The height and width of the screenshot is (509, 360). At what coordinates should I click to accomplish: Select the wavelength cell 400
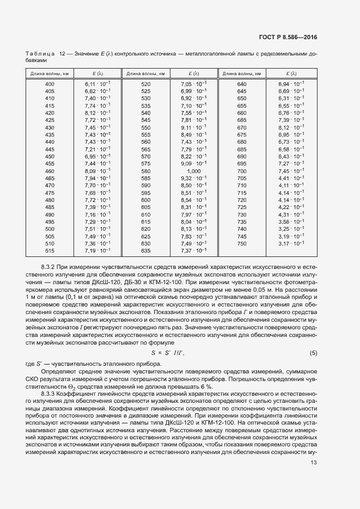pyautogui.click(x=50, y=84)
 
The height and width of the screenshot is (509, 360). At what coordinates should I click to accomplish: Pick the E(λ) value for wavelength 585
pyautogui.click(x=193, y=178)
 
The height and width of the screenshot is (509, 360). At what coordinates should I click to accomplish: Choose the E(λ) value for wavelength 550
pyautogui.click(x=193, y=127)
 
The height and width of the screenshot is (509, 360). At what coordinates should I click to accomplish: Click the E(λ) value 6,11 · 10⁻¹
pyautogui.click(x=97, y=84)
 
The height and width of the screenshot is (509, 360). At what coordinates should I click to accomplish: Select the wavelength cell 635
pyautogui.click(x=145, y=250)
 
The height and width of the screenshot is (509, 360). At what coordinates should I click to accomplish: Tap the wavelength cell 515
pyautogui.click(x=50, y=250)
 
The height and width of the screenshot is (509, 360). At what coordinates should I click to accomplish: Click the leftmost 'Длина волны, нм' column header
pyautogui.click(x=50, y=73)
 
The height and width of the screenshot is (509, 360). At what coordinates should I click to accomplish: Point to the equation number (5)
pyautogui.click(x=313, y=353)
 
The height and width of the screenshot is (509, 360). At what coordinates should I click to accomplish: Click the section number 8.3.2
pyautogui.click(x=51, y=267)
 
